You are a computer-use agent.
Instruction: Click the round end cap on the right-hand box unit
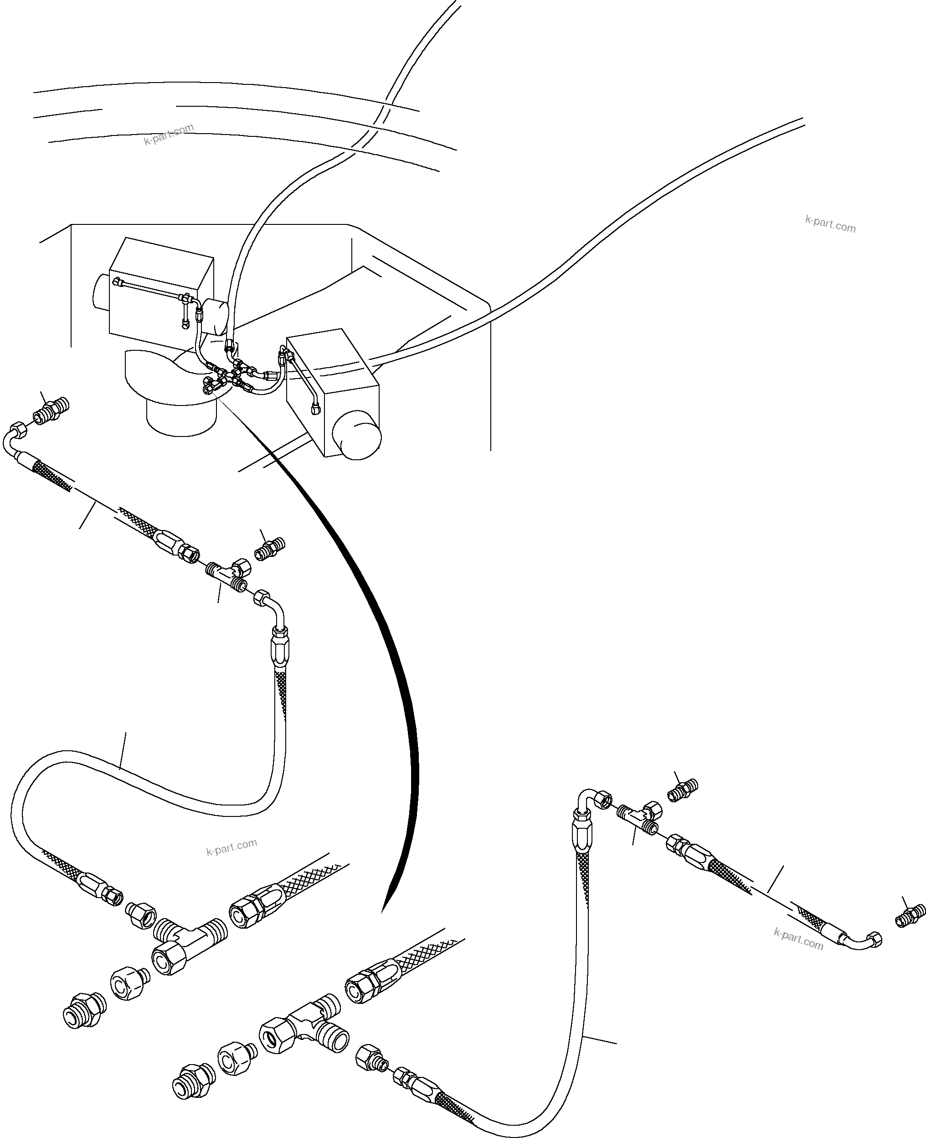click(356, 435)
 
